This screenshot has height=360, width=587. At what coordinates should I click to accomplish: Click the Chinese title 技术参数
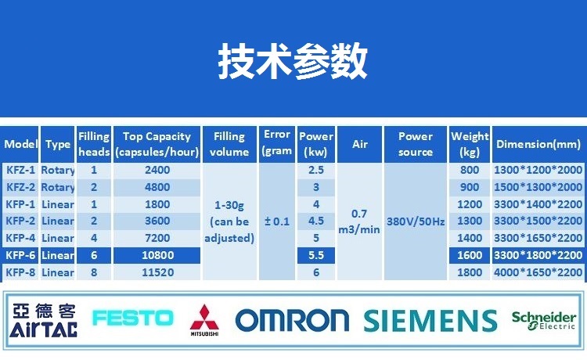pyautogui.click(x=293, y=60)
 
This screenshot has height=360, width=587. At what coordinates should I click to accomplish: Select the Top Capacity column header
pyautogui.click(x=157, y=144)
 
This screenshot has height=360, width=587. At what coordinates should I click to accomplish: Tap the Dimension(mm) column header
pyautogui.click(x=538, y=144)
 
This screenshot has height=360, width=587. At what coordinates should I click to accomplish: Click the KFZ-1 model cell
pyautogui.click(x=20, y=170)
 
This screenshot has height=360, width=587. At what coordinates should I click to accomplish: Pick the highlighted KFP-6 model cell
pyautogui.click(x=20, y=255)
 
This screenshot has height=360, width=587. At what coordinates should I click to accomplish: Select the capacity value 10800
pyautogui.click(x=157, y=255)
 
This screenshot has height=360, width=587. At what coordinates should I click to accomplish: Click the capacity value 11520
pyautogui.click(x=157, y=272)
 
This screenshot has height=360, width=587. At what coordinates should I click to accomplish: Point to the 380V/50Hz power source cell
pyautogui.click(x=416, y=221)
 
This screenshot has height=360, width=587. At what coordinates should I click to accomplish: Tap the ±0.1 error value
pyautogui.click(x=277, y=221)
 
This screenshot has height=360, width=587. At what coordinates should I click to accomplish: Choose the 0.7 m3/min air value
pyautogui.click(x=359, y=221)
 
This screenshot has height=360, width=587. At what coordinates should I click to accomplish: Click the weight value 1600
pyautogui.click(x=470, y=255)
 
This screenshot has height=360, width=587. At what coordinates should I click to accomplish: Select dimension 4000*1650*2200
pyautogui.click(x=538, y=272)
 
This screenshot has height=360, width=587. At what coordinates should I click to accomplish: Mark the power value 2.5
pyautogui.click(x=316, y=170)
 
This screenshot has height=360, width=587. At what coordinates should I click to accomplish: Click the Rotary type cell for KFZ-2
pyautogui.click(x=58, y=187)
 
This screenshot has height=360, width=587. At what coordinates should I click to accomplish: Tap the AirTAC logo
pyautogui.click(x=44, y=321)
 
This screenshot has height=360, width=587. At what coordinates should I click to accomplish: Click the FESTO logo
pyautogui.click(x=133, y=318)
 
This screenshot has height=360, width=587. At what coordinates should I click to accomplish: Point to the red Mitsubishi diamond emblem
pyautogui.click(x=204, y=317)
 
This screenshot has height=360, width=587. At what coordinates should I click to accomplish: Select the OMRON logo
pyautogui.click(x=293, y=320)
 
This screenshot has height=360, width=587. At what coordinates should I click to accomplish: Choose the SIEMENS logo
pyautogui.click(x=430, y=321)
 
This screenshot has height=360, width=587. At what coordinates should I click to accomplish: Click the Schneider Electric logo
pyautogui.click(x=544, y=321)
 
